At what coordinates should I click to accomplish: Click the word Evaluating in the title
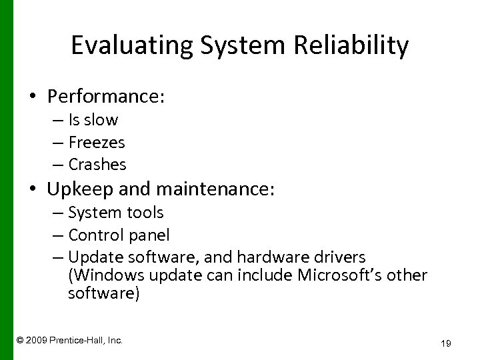point(128,47)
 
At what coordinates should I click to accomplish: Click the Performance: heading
point(106,97)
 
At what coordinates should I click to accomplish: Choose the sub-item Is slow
point(93,121)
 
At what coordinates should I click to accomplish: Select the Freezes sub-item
point(97,142)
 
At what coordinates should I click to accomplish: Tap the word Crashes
point(97,163)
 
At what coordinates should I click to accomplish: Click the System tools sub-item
point(115,213)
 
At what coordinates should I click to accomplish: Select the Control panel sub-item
point(119,235)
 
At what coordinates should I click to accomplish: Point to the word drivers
point(343,257)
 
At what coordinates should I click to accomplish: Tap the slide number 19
point(446,343)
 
